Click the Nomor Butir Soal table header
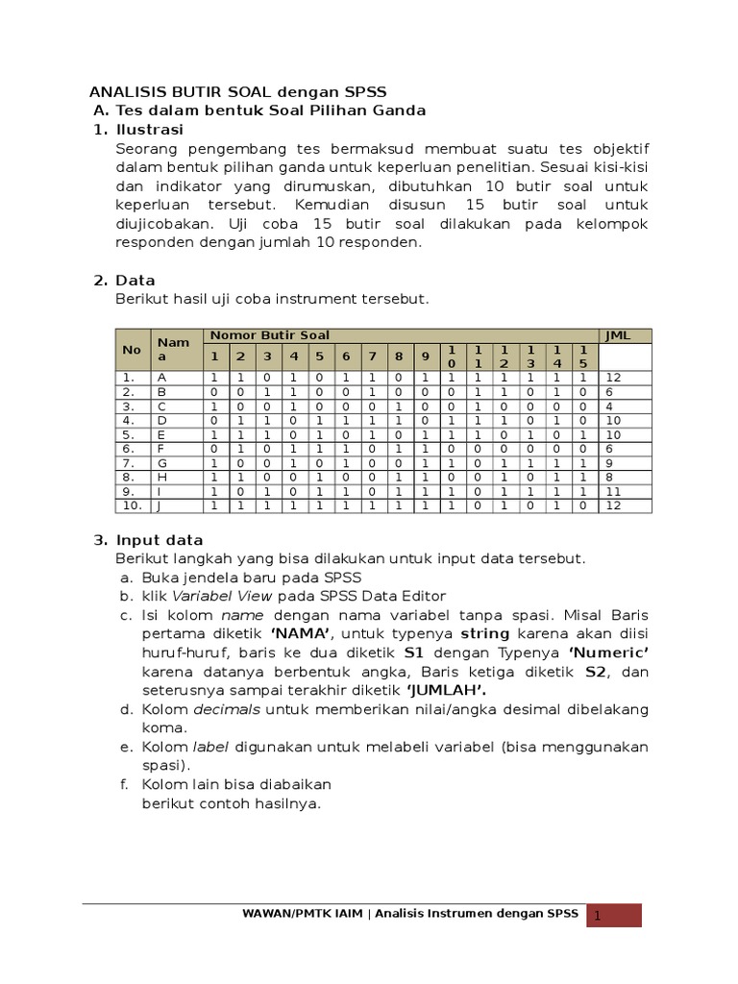[269, 335]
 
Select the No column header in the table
[132, 350]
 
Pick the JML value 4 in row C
[608, 406]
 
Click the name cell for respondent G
[162, 462]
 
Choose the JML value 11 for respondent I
[611, 490]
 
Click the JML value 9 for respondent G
[608, 462]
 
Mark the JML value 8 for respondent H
[608, 477]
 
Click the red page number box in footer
[614, 916]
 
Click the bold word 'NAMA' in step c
[301, 633]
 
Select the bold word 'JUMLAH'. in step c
[445, 690]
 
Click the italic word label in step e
[210, 747]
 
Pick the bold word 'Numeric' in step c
[609, 652]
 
